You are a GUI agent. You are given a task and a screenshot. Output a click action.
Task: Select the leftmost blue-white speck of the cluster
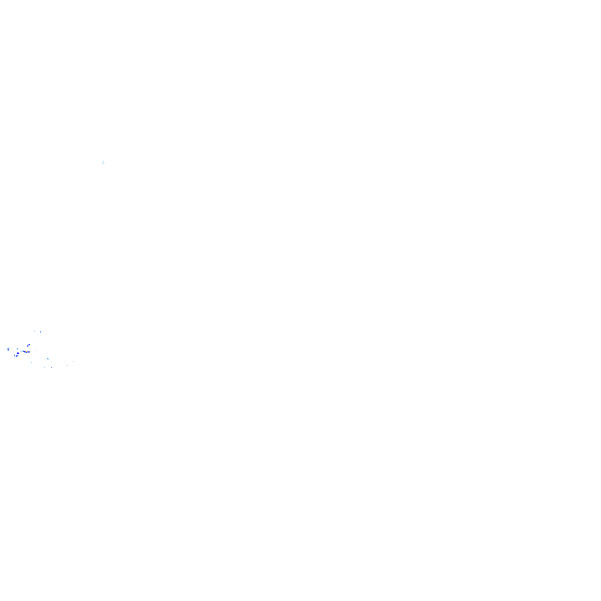click(8, 349)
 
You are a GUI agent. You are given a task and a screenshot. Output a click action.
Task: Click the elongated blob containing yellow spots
click(27, 351)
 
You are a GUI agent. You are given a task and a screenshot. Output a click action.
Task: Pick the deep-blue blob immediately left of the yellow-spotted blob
click(16, 355)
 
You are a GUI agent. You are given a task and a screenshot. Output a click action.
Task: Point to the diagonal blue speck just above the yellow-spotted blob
click(28, 344)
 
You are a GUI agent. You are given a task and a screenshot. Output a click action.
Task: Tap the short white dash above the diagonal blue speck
click(25, 340)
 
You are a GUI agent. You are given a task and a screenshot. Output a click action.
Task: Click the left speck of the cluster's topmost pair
click(34, 331)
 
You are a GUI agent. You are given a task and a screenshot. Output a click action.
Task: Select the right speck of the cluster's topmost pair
click(41, 332)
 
